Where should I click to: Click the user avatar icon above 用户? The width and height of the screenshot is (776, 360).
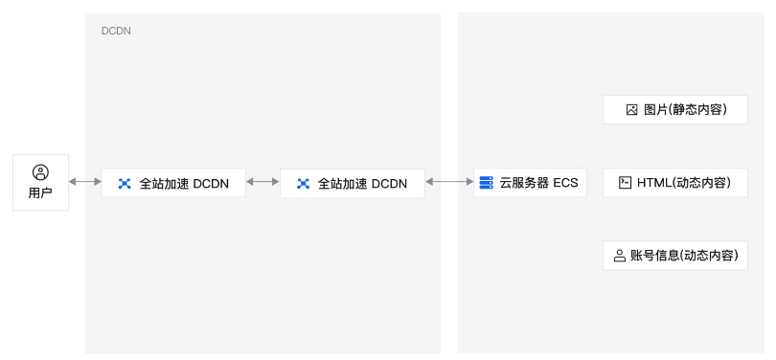(40, 172)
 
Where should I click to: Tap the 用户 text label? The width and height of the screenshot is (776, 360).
(40, 193)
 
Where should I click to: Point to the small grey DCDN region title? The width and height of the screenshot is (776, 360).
(116, 31)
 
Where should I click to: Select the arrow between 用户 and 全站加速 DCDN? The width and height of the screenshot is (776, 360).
(85, 182)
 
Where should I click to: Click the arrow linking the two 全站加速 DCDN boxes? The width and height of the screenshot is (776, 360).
(262, 182)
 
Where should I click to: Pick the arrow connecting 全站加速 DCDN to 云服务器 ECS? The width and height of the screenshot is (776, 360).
(449, 182)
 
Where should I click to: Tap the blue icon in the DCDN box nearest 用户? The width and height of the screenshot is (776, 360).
(125, 183)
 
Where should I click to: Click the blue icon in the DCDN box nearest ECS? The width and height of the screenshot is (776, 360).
(303, 183)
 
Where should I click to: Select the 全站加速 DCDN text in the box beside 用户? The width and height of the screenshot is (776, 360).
(184, 183)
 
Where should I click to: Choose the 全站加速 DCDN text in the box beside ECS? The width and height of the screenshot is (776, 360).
(362, 183)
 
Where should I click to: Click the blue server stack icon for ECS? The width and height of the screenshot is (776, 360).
(487, 182)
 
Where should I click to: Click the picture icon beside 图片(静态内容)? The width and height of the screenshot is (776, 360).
(631, 110)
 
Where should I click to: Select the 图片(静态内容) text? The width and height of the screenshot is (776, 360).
(681, 110)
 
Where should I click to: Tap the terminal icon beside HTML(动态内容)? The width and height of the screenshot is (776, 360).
(625, 182)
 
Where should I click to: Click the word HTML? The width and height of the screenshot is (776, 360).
(653, 182)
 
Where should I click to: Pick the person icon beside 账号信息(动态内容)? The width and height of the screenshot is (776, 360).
(620, 256)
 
